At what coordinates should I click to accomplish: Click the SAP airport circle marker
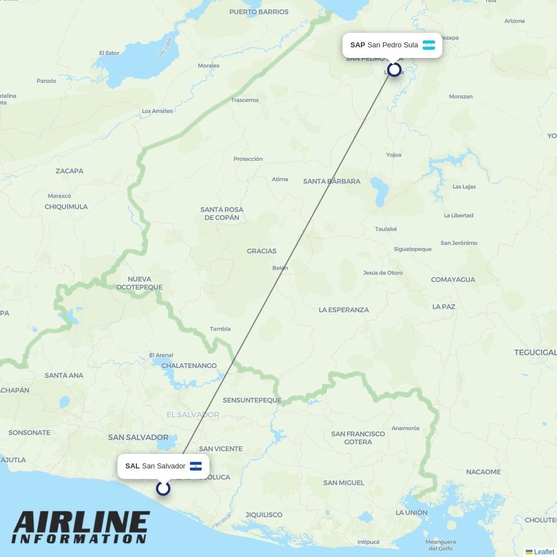(x=394, y=70)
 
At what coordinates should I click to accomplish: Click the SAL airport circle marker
(x=163, y=488)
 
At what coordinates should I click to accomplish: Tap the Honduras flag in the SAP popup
(x=428, y=45)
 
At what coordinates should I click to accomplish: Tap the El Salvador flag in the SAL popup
(x=196, y=466)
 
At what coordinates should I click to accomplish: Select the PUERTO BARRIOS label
(x=258, y=12)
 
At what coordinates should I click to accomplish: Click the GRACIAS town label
(x=261, y=251)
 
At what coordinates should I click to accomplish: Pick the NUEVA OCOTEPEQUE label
(x=139, y=283)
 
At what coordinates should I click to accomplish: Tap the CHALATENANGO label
(x=189, y=366)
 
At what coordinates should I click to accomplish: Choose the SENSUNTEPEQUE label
(x=252, y=400)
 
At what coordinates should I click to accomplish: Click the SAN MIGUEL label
(x=344, y=482)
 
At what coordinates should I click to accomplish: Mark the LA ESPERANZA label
(x=344, y=310)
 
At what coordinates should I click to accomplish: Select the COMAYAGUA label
(x=453, y=280)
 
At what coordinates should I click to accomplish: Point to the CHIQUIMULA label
(x=66, y=207)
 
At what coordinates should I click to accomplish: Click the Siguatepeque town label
(x=412, y=249)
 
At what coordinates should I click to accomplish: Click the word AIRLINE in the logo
(x=81, y=524)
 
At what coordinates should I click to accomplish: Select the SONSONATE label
(x=29, y=432)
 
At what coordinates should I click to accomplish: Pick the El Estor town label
(x=109, y=53)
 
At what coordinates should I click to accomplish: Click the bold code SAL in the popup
(x=132, y=466)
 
